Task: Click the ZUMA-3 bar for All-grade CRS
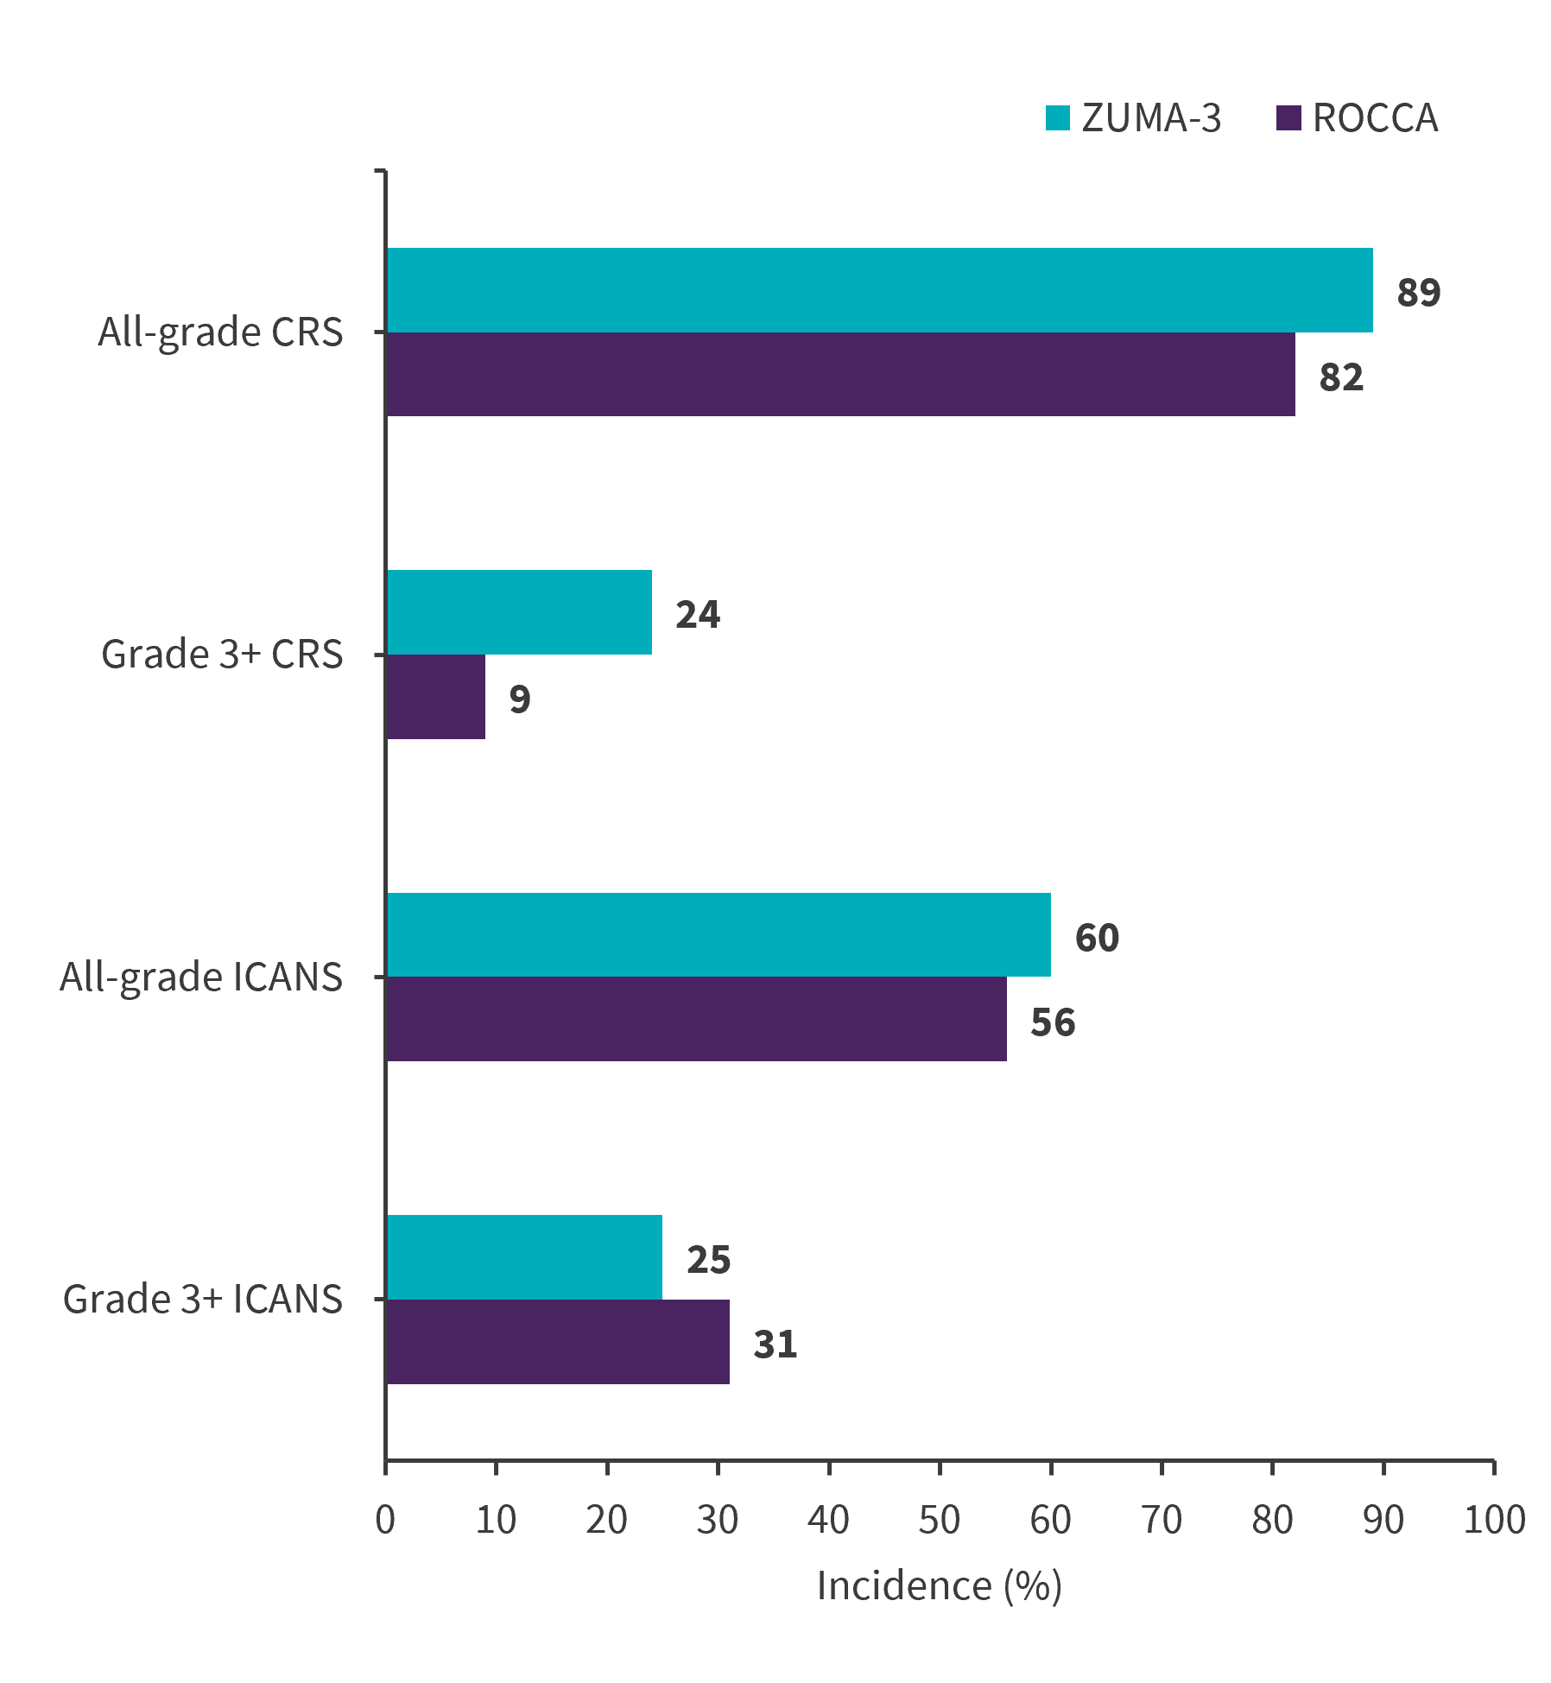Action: click(879, 290)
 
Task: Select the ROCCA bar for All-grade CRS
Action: click(840, 374)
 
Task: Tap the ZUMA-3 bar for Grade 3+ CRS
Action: click(519, 612)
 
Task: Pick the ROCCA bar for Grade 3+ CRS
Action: click(436, 697)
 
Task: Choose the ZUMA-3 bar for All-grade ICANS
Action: click(719, 934)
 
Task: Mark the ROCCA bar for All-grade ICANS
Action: click(696, 1019)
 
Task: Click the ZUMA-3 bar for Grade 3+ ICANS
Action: click(524, 1257)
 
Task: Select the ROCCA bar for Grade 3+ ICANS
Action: click(558, 1342)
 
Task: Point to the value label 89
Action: click(1418, 293)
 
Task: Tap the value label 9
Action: click(519, 699)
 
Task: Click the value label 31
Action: click(775, 1345)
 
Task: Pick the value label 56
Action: click(1052, 1022)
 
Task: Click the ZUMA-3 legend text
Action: click(1151, 118)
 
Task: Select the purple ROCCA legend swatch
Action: click(1288, 118)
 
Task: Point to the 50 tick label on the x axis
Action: click(939, 1520)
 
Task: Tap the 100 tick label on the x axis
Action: click(1493, 1520)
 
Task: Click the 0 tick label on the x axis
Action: click(385, 1520)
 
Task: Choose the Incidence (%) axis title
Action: click(939, 1586)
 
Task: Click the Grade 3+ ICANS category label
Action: click(203, 1299)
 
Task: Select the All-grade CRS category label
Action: click(220, 332)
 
